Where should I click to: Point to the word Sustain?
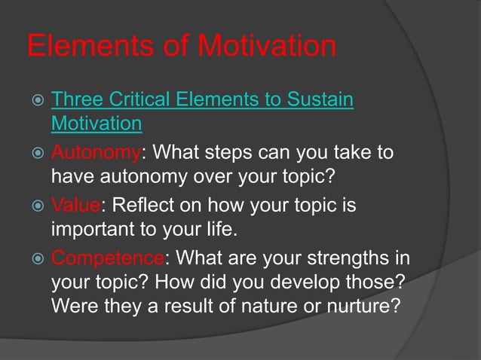(317, 99)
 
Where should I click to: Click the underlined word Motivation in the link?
(97, 122)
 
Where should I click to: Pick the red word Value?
(74, 206)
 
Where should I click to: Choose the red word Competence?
(107, 258)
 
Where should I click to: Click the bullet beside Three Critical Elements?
(35, 100)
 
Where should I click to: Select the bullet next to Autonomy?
(35, 154)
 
